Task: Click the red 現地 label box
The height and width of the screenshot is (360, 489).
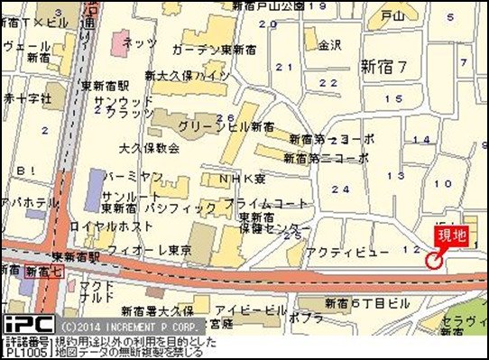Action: tap(452, 236)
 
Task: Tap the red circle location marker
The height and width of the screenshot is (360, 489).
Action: tap(434, 261)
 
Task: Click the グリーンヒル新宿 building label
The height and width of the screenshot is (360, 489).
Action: tap(226, 126)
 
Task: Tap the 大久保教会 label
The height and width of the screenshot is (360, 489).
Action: tap(143, 146)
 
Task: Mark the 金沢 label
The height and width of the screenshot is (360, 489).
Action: tap(330, 44)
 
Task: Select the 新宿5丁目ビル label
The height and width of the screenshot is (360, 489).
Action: tap(361, 302)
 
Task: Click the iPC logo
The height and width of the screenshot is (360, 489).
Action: tap(29, 323)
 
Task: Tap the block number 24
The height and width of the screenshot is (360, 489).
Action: tap(340, 189)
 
